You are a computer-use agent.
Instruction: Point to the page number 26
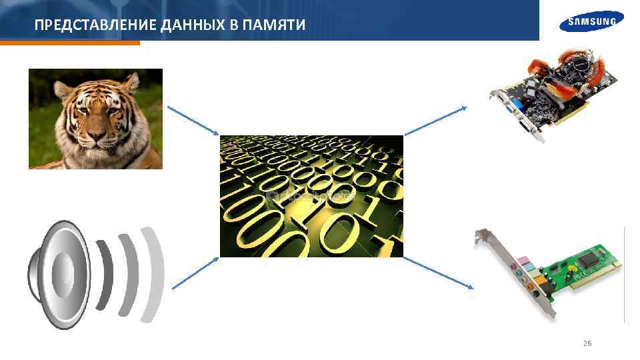coord(587,343)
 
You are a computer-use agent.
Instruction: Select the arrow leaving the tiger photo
coord(193,121)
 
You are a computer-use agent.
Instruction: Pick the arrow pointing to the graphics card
coord(437,119)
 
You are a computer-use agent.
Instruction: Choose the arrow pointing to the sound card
coord(437,273)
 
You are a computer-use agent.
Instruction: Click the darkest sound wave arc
coord(103,273)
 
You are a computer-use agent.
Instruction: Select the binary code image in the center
coord(311,196)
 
